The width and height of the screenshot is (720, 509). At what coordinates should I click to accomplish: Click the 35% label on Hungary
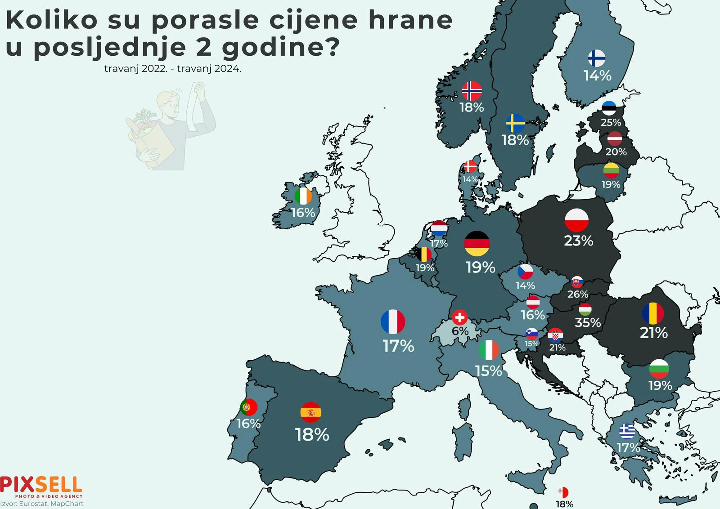click(588, 322)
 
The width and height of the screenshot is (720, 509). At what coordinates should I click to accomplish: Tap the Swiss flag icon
click(459, 317)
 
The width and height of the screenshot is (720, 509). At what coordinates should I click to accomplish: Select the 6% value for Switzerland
click(460, 331)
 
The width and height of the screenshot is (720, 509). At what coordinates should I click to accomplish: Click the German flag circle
click(477, 243)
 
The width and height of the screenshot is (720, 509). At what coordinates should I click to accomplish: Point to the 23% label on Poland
click(578, 241)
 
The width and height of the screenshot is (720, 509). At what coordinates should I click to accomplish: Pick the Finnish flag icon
click(597, 58)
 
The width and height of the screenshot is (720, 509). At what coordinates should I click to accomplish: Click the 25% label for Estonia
click(611, 122)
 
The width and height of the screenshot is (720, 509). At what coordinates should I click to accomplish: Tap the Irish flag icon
click(303, 196)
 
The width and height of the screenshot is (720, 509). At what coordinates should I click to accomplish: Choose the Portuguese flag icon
click(248, 407)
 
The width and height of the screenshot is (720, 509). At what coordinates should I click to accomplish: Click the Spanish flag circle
click(310, 412)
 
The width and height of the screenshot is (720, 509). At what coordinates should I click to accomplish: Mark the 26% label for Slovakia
click(578, 294)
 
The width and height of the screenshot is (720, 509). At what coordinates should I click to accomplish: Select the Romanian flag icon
click(653, 313)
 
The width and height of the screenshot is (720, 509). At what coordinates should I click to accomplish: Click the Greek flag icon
click(627, 432)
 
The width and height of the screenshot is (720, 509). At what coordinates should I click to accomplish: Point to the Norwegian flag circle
click(472, 91)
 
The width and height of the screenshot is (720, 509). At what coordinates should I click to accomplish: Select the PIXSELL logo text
click(41, 485)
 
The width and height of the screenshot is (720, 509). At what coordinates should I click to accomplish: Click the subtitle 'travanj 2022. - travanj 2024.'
click(172, 69)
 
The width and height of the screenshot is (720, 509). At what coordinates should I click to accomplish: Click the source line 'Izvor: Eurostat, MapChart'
click(42, 504)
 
